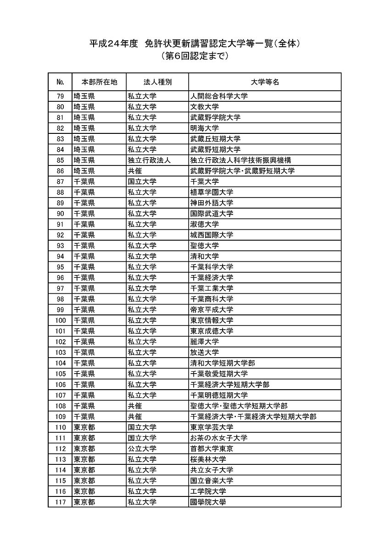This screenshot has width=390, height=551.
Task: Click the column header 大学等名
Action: (265, 82)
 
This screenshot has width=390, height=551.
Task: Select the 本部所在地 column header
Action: (99, 82)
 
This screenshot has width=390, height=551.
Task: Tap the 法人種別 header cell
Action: (157, 82)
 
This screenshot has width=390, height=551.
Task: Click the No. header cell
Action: (60, 82)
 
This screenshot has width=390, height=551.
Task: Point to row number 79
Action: (60, 96)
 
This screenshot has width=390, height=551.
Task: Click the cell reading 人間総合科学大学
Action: (219, 96)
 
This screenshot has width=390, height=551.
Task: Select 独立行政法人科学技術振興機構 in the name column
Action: (240, 160)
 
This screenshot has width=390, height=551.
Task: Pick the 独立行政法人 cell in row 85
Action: (149, 160)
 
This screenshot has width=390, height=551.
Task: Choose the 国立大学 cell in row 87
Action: (142, 182)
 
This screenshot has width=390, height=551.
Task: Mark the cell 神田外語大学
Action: (212, 203)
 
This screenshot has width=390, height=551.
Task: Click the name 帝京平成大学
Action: (212, 309)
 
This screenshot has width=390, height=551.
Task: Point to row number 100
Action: (60, 320)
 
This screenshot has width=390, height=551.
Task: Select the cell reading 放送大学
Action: (205, 353)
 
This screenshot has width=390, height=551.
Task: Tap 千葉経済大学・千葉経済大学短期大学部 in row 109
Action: (253, 417)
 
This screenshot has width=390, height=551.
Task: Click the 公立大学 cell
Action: (142, 448)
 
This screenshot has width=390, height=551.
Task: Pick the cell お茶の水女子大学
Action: (219, 438)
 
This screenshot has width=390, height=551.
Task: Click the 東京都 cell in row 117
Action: (84, 502)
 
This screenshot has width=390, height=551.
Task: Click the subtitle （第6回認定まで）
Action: (195, 57)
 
